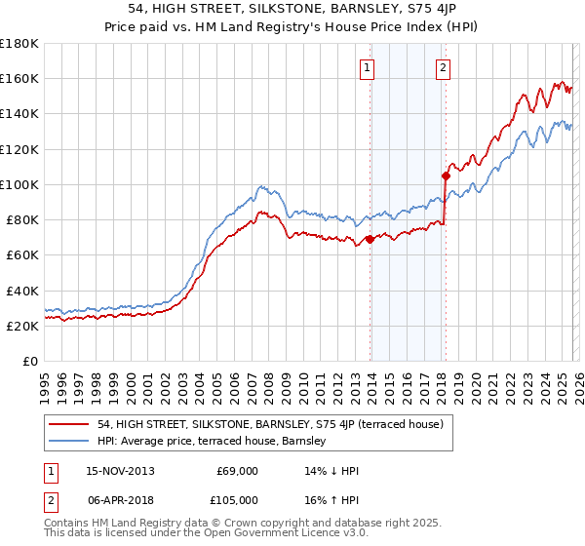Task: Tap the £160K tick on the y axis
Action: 19,78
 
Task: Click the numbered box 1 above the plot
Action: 368,67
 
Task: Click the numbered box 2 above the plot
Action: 443,67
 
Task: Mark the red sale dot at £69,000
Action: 370,239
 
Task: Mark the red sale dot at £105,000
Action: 446,176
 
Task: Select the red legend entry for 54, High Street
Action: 271,424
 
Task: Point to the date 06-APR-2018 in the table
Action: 117,499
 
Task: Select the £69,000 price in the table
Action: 237,471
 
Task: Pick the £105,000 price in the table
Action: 237,499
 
